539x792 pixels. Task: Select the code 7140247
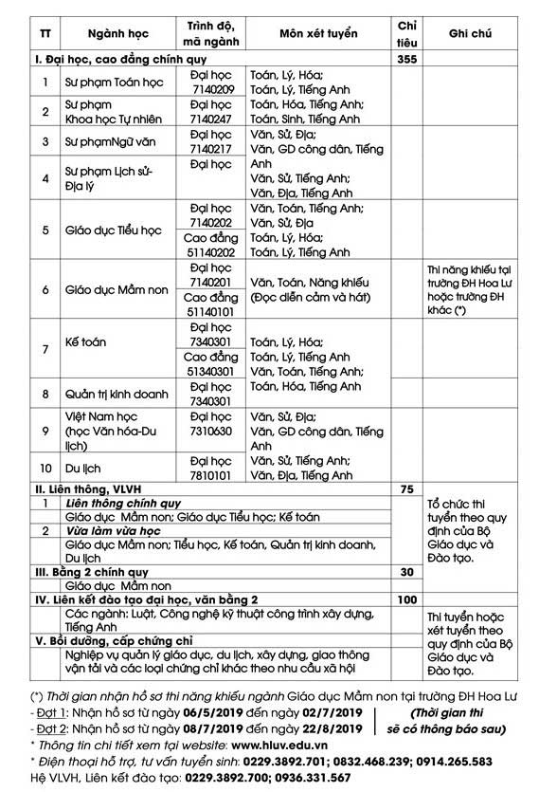210,120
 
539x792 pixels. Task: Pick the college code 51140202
210,253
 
